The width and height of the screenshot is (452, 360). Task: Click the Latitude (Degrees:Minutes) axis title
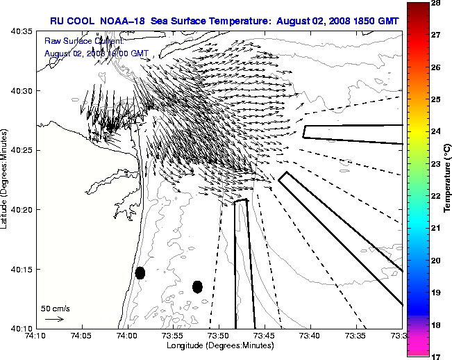[6, 179]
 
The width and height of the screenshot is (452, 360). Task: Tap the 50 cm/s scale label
[56, 308]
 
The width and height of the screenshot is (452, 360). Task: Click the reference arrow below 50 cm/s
[54, 319]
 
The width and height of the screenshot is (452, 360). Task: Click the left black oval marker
[140, 272]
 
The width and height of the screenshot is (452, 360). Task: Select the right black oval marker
[197, 286]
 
